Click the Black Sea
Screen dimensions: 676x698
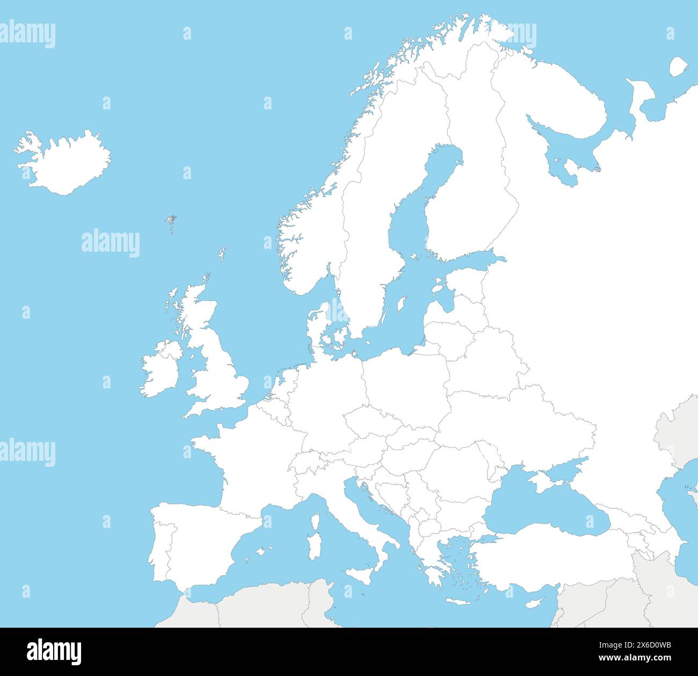coord(542,510)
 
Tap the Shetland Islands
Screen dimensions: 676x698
coord(222,253)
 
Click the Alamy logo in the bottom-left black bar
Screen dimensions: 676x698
coord(54,652)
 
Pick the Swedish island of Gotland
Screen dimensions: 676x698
coord(400,306)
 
